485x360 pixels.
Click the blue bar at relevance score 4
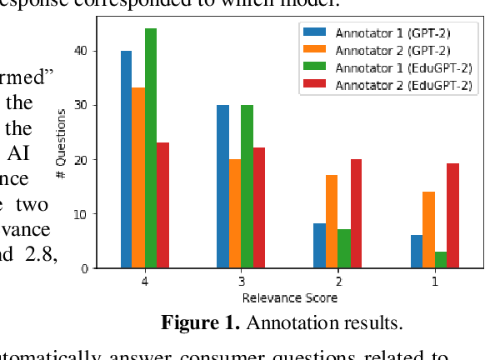pos(126,159)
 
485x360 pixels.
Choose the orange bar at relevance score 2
pos(332,222)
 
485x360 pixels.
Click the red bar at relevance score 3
pos(259,208)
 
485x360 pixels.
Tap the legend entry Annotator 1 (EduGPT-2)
pos(388,67)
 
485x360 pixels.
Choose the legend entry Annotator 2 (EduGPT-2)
pos(388,85)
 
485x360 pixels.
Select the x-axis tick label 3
pos(241,281)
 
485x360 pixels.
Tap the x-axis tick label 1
pos(434,281)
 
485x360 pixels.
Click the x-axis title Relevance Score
pos(289,297)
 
